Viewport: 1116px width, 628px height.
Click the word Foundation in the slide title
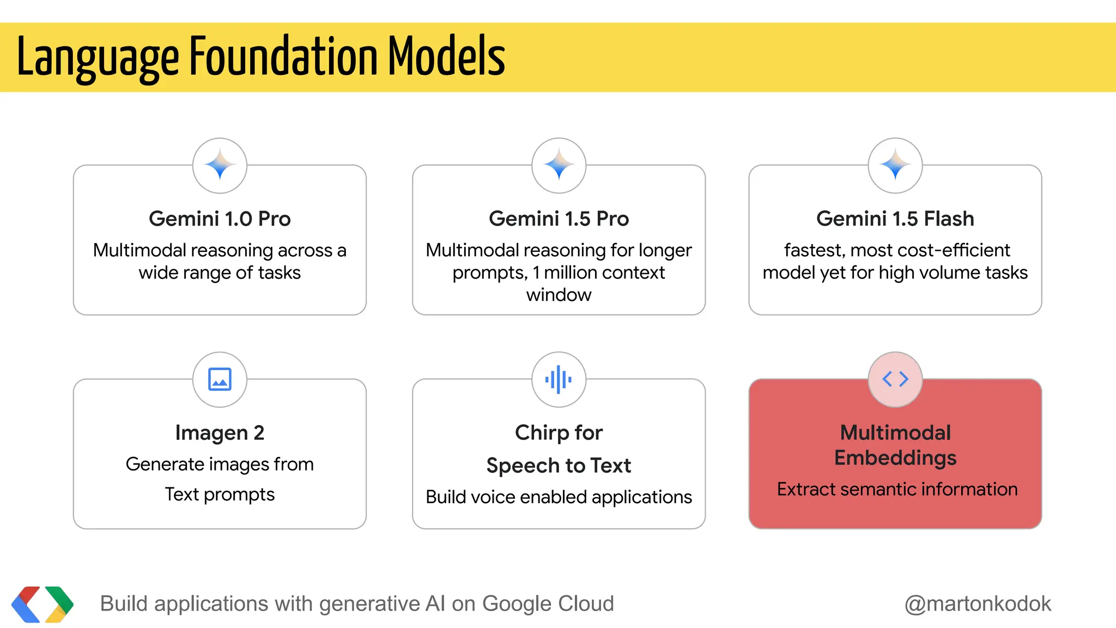tap(283, 57)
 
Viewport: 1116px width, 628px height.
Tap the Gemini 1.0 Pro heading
tap(220, 219)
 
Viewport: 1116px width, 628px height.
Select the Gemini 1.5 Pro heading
tap(559, 219)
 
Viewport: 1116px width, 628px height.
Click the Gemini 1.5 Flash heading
tap(895, 219)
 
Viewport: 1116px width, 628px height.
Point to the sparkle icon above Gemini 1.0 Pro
tap(220, 165)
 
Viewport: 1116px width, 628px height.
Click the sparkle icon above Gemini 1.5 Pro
tap(559, 165)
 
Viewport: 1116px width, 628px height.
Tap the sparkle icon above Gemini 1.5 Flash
tap(895, 165)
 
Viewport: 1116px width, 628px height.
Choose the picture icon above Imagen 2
tap(220, 379)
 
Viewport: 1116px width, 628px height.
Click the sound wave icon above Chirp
tap(559, 379)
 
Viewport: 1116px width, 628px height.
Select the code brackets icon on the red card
tap(895, 379)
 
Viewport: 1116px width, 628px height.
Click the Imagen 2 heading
tap(220, 433)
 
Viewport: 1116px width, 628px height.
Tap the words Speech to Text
tap(559, 466)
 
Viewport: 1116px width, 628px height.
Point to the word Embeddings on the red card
tap(895, 458)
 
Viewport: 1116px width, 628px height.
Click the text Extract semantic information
tap(897, 489)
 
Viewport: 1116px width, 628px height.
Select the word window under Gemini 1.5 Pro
tap(559, 295)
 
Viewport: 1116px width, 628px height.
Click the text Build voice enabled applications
tap(559, 497)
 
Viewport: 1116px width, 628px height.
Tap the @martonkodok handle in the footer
tap(978, 604)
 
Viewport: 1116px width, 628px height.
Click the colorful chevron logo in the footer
tap(43, 604)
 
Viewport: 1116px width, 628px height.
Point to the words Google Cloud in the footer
tap(548, 604)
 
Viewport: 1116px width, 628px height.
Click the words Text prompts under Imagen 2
tap(220, 494)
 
